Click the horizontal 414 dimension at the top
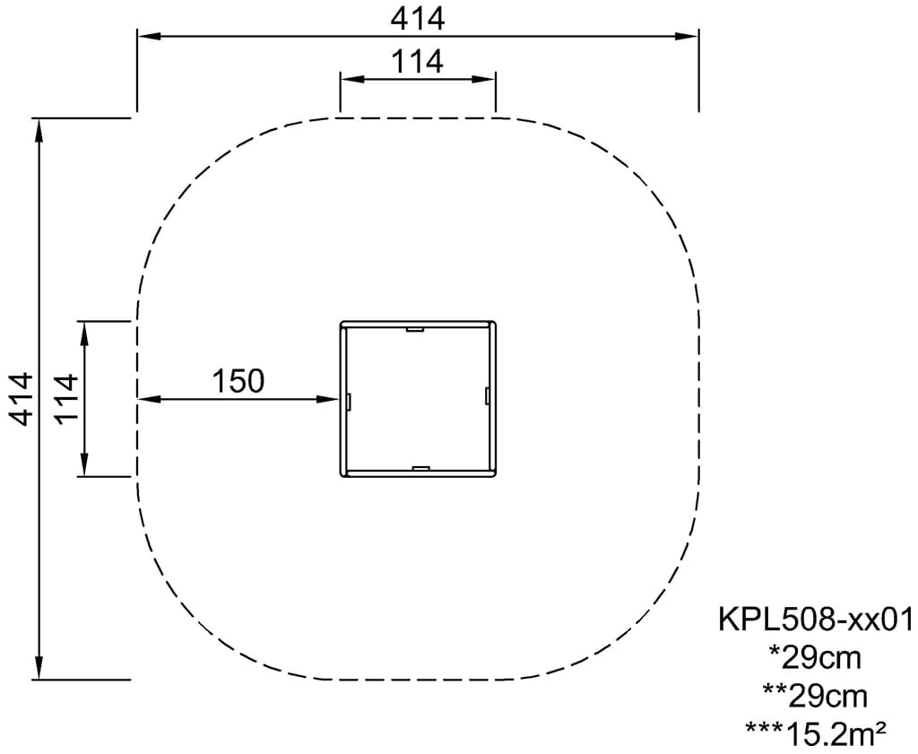point(418,20)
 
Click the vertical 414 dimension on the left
point(21,399)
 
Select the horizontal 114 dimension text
point(418,62)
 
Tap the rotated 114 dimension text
point(65,399)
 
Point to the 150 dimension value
point(238,380)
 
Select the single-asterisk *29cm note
point(816,658)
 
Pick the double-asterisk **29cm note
point(816,696)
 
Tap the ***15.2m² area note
point(816,732)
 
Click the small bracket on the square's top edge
point(415,330)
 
